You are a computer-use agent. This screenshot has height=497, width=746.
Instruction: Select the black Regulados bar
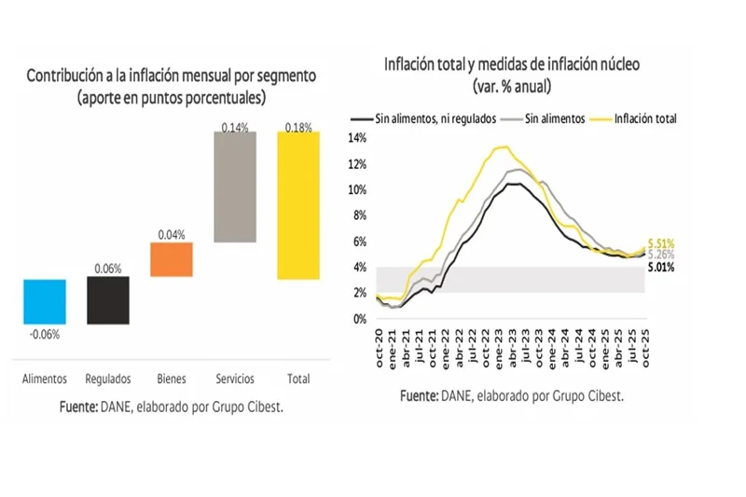[108, 300]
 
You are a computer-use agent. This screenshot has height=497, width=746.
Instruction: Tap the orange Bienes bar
[173, 259]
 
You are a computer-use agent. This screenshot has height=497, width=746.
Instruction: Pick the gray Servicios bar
[237, 186]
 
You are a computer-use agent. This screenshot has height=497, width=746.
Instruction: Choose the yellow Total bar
[298, 205]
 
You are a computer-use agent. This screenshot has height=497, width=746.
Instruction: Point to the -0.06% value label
[44, 335]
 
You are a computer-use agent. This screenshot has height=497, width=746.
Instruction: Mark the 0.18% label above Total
[299, 125]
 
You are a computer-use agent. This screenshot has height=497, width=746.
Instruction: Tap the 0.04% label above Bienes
[173, 235]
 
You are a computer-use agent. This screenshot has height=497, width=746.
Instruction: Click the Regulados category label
[108, 380]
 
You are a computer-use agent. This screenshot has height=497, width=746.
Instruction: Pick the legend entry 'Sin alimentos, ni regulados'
[435, 119]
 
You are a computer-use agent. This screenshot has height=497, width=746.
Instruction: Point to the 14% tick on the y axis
[359, 138]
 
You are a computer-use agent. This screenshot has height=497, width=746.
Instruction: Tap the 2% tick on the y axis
[362, 293]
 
